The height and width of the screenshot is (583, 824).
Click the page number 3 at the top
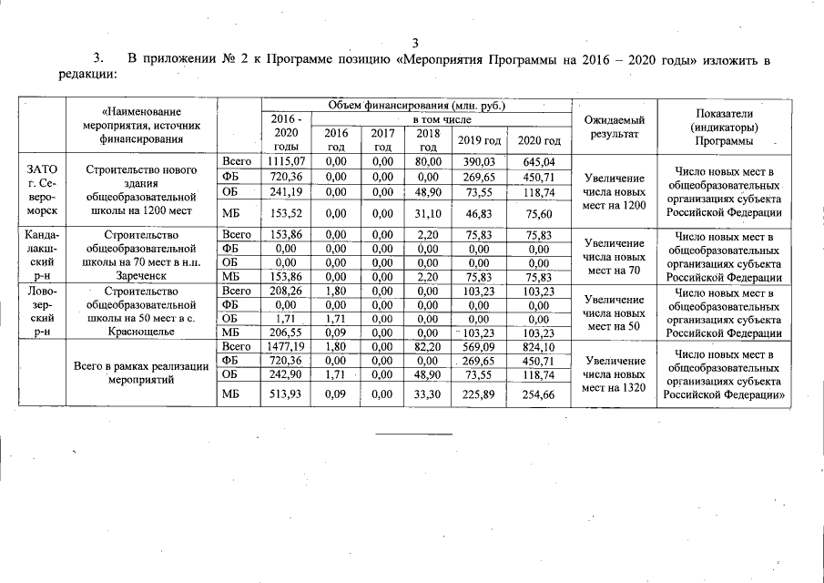pyautogui.click(x=414, y=43)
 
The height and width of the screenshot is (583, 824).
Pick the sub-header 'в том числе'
pyautogui.click(x=441, y=119)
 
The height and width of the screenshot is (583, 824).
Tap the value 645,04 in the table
pyautogui.click(x=539, y=161)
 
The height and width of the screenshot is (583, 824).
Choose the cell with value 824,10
pyautogui.click(x=539, y=347)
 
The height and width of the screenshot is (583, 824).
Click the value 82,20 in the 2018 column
pyautogui.click(x=428, y=347)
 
